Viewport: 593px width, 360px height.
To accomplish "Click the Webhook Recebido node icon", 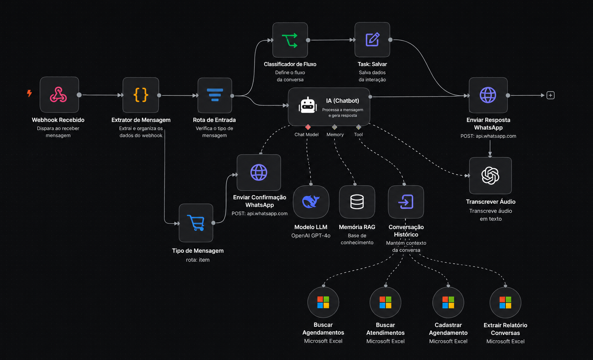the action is [59, 95].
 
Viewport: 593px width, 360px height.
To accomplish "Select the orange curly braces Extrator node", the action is [141, 95].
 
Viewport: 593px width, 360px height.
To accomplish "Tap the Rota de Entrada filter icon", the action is [215, 95].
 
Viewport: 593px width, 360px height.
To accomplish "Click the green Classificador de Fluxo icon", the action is [290, 40].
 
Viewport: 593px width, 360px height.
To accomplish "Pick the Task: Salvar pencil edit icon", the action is [372, 40].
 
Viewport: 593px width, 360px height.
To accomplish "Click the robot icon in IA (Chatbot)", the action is [308, 105].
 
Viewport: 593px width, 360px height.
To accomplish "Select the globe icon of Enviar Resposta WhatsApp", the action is [488, 95].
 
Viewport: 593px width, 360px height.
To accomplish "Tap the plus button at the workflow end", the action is [550, 95].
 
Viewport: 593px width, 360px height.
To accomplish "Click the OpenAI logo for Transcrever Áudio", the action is [490, 175].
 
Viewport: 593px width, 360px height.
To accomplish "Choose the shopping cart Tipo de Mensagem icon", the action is [196, 223].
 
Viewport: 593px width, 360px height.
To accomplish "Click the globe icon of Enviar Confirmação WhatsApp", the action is [259, 172].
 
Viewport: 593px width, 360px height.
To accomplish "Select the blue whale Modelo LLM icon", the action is [311, 202].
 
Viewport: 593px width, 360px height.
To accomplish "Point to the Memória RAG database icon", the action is [357, 202].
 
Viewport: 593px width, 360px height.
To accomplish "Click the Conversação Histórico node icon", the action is [406, 202].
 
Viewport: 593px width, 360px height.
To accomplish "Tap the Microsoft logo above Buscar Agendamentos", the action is [323, 302].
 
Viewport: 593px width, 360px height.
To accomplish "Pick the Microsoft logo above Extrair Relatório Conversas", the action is [505, 303].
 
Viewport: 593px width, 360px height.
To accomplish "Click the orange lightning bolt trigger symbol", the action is [29, 93].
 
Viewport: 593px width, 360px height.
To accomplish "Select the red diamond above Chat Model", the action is [308, 127].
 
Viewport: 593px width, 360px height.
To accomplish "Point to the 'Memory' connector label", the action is [335, 134].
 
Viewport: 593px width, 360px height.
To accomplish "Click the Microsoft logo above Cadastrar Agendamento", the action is [448, 303].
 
